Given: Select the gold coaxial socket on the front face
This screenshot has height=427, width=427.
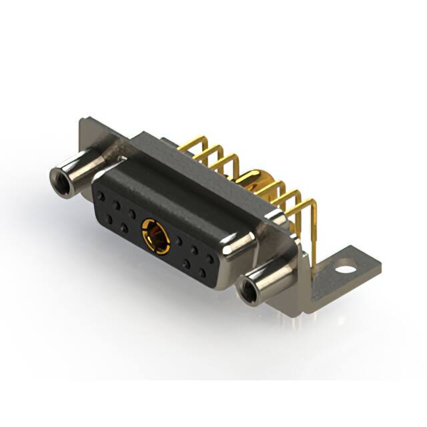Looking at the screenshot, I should [x=155, y=236].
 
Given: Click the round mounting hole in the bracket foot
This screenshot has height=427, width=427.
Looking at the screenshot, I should [x=345, y=272].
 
